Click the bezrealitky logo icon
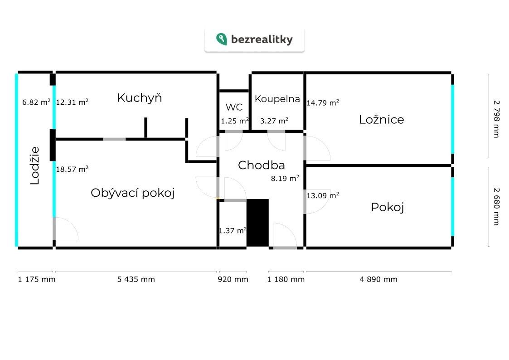221,39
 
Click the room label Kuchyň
139,97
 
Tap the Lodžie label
35,165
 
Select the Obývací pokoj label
132,193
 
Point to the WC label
234,107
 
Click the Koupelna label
277,99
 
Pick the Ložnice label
381,120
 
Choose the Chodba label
261,165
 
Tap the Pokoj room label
387,207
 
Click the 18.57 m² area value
72,169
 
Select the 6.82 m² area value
36,102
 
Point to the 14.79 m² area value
323,102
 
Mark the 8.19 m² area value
285,178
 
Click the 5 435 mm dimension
136,279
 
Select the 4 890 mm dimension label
378,279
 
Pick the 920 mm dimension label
233,279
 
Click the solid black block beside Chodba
257,223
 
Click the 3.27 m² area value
274,121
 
